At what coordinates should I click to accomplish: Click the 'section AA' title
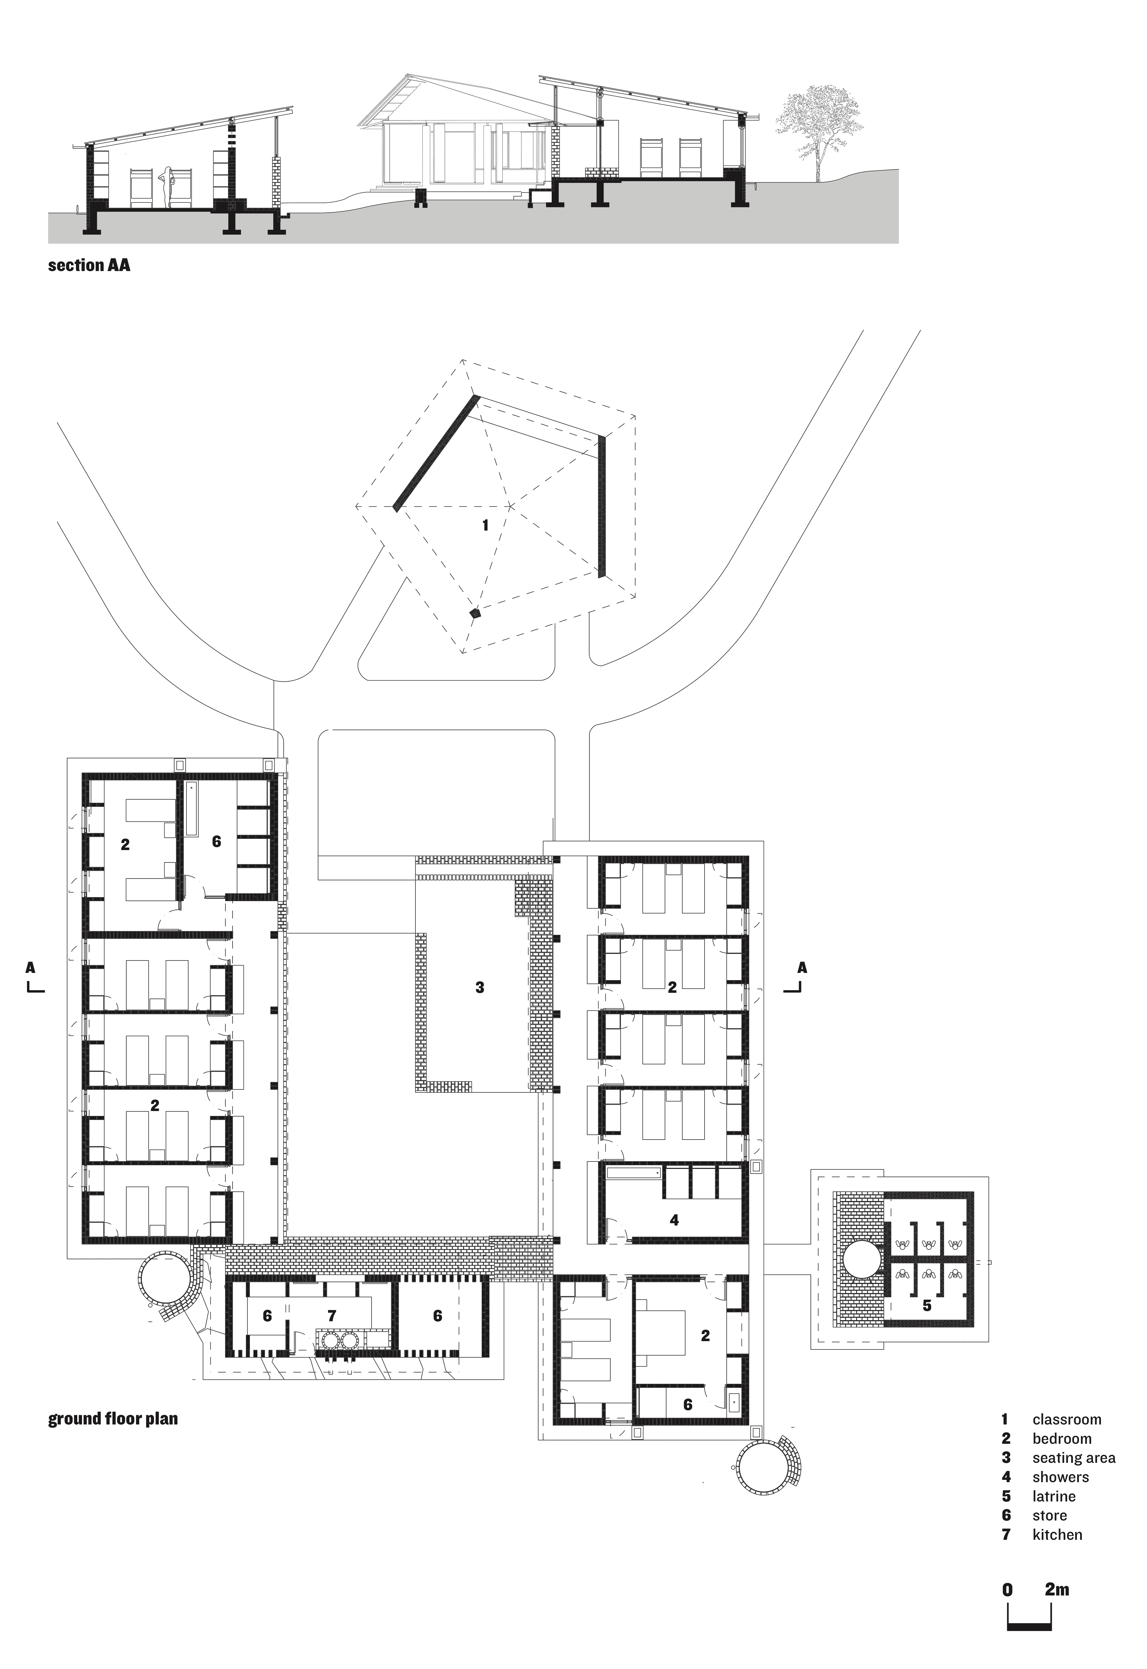click(89, 265)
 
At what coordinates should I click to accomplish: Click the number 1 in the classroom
click(485, 525)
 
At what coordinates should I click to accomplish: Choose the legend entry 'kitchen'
click(1057, 1535)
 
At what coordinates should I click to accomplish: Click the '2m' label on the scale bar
click(1057, 1589)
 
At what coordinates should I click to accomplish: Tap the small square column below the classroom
click(474, 613)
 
